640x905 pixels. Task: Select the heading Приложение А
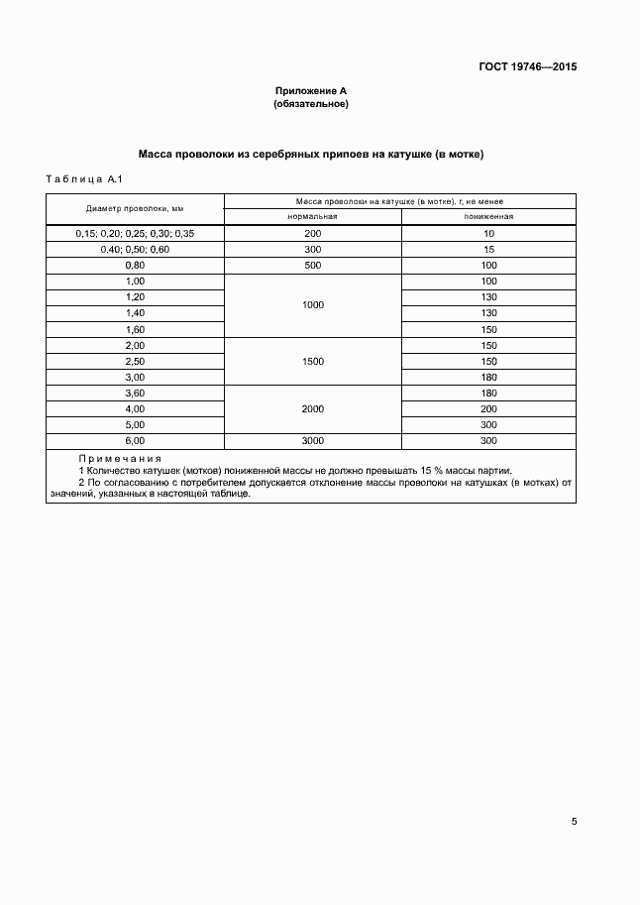(311, 91)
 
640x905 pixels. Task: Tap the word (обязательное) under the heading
(311, 104)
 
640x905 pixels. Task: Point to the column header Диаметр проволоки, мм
(135, 208)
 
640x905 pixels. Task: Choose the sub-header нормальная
(313, 216)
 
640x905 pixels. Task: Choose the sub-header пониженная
(488, 216)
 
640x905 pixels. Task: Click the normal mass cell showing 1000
(313, 305)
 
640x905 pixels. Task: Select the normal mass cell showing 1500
(313, 362)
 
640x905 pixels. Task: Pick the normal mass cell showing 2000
(313, 408)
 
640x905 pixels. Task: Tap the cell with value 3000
(313, 440)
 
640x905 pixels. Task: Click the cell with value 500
(313, 266)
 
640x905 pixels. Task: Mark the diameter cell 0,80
(135, 266)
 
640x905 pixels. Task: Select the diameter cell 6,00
(135, 440)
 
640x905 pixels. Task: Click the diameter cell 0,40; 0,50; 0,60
(135, 249)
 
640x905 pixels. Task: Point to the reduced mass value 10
(488, 233)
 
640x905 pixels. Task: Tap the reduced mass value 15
(488, 249)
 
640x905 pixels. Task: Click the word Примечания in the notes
(120, 459)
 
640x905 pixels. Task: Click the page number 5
(574, 821)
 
